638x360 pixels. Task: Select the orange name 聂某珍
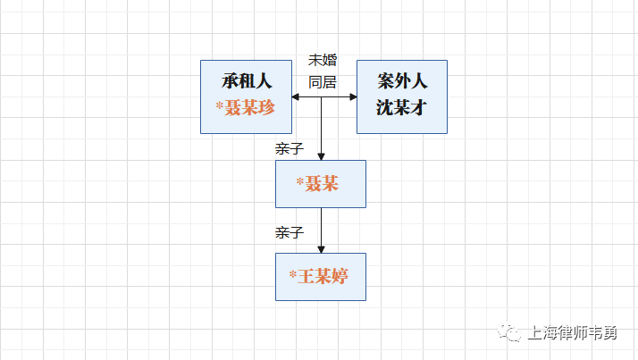click(250, 107)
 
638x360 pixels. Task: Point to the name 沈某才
click(402, 107)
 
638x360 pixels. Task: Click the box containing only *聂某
click(321, 184)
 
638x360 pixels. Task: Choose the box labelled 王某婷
click(321, 277)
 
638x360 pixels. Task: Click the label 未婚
click(323, 61)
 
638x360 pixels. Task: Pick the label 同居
click(323, 82)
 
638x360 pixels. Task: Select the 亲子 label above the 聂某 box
click(290, 149)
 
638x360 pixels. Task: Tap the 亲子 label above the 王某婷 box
click(290, 233)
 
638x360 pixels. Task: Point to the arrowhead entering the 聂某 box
click(321, 155)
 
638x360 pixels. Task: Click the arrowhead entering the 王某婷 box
click(321, 248)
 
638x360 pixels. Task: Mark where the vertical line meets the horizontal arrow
click(321, 96)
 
